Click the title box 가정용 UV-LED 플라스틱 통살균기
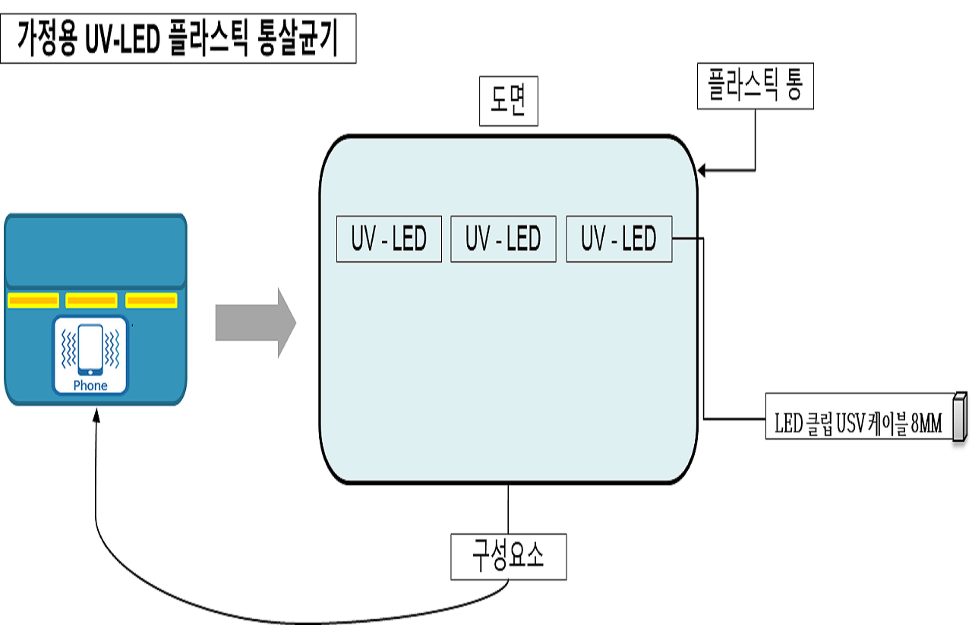[x=178, y=41]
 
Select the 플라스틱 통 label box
[x=755, y=86]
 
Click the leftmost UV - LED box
[x=389, y=239]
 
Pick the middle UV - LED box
[x=503, y=239]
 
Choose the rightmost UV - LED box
[x=619, y=239]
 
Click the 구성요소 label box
[x=508, y=557]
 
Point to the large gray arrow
[x=255, y=323]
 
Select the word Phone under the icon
[x=90, y=385]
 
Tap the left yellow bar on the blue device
[x=33, y=301]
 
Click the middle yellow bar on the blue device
[x=91, y=301]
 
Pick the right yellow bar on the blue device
[x=152, y=301]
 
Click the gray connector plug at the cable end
[x=960, y=416]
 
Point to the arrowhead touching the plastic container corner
[x=702, y=171]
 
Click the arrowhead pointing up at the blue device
[x=97, y=414]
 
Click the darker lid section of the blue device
[x=96, y=251]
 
